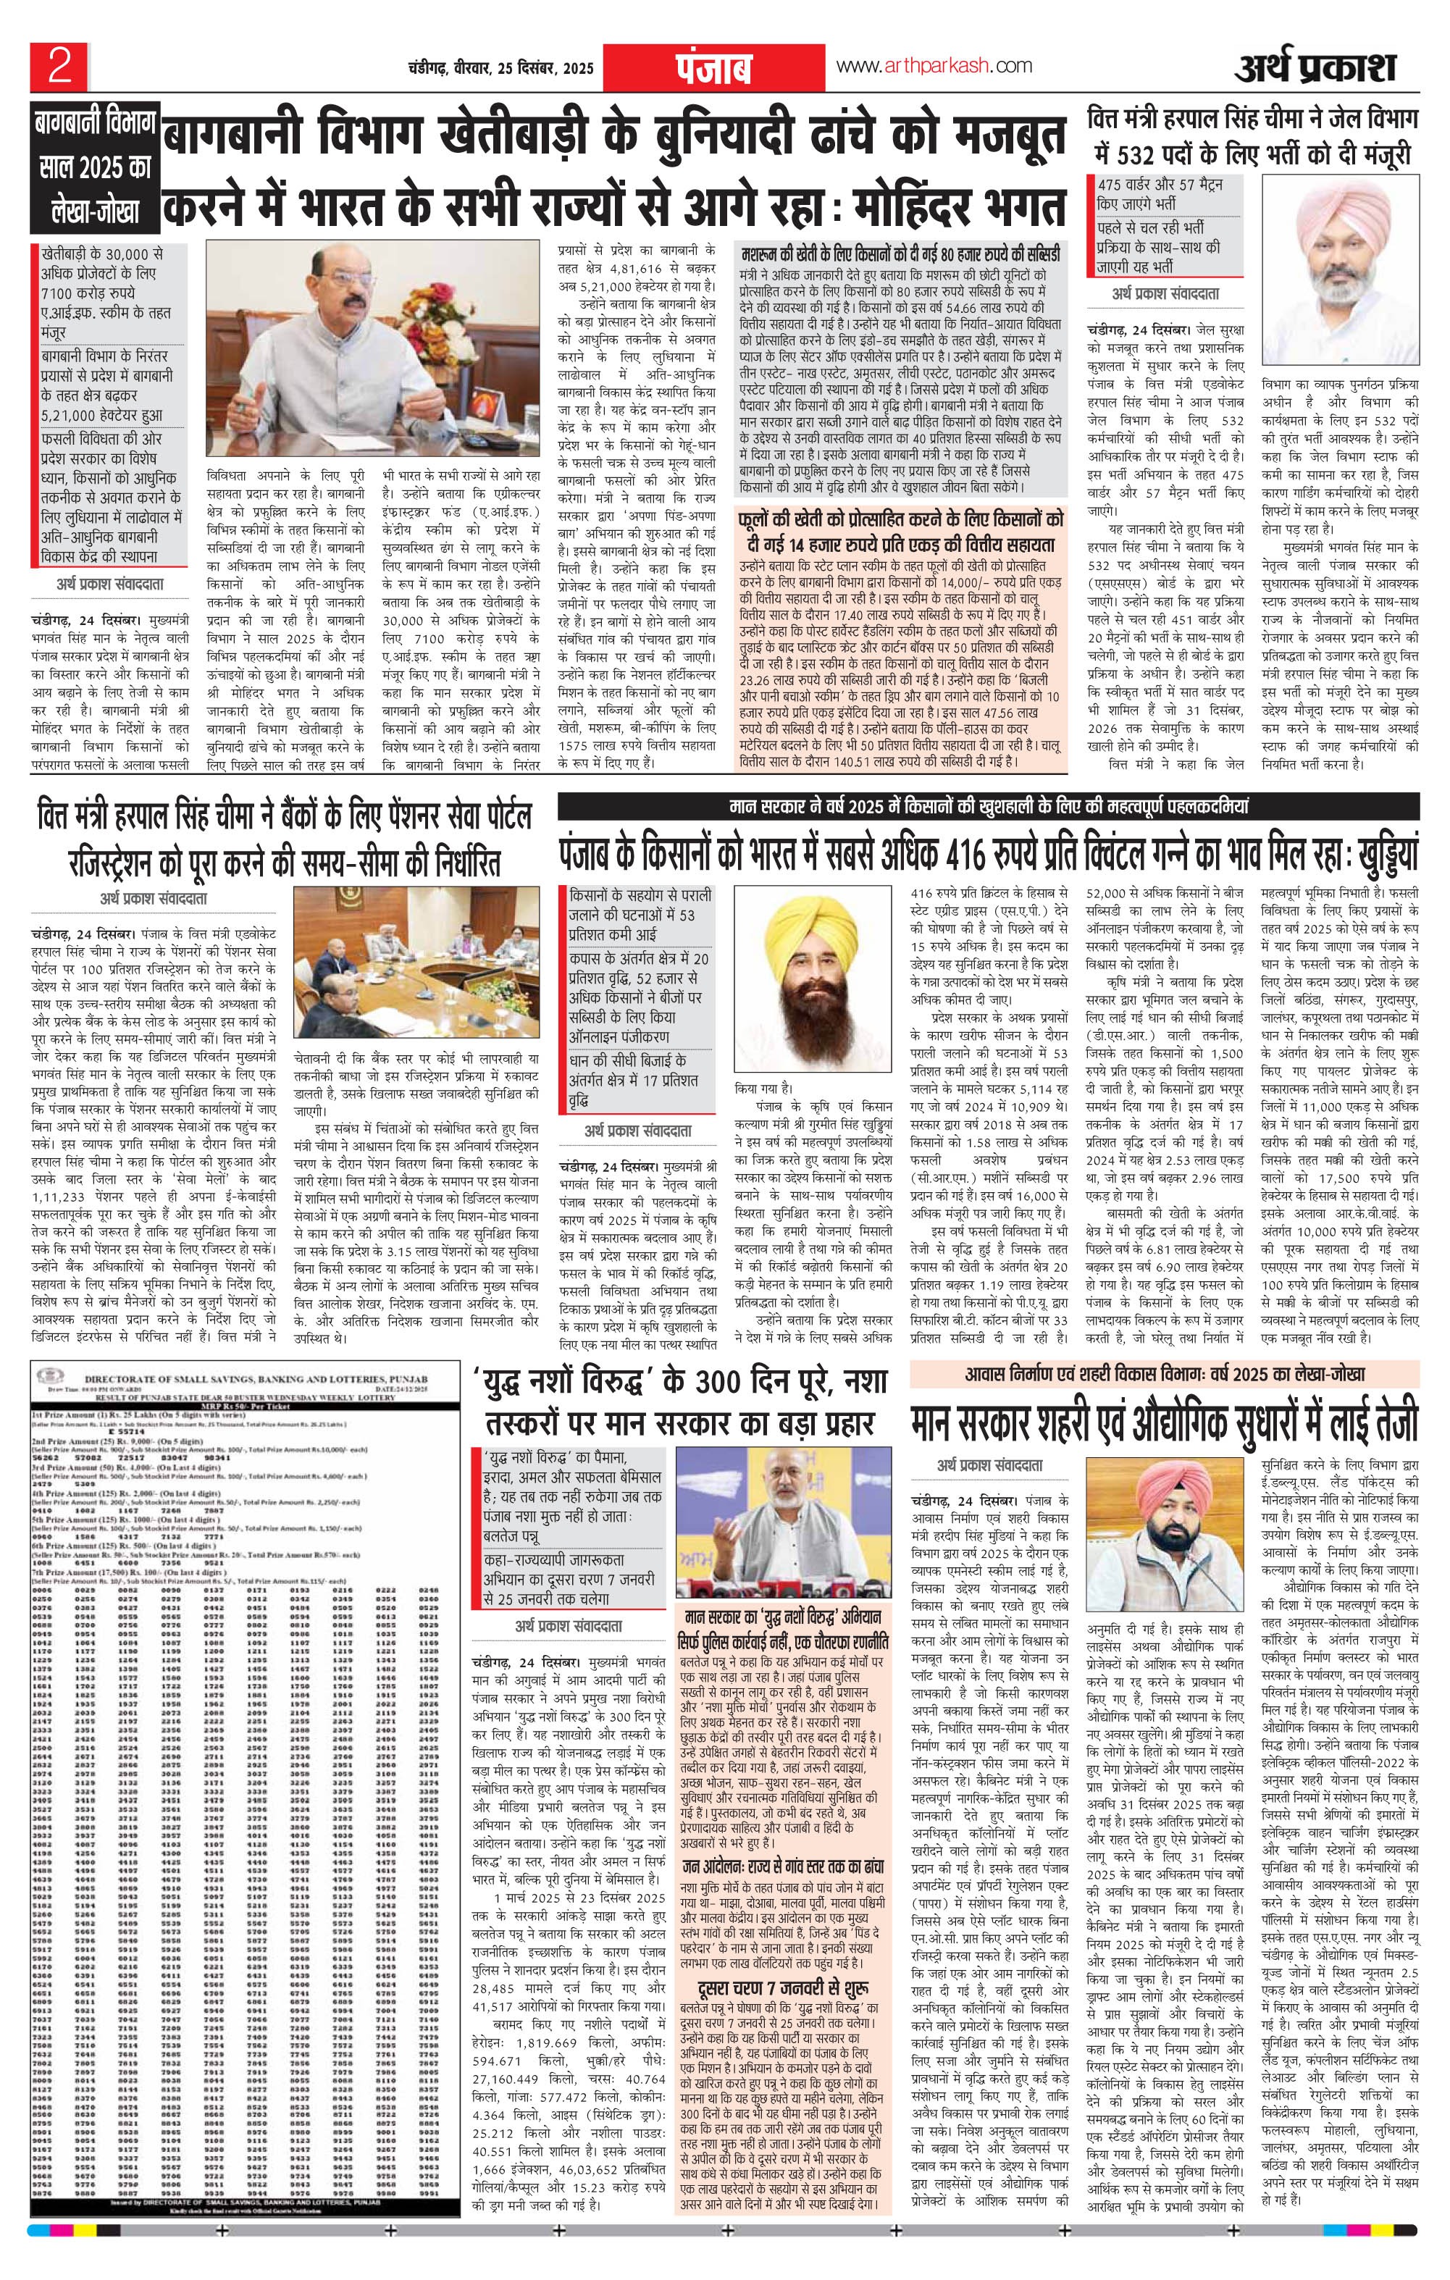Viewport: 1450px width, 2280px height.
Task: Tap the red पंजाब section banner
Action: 714,67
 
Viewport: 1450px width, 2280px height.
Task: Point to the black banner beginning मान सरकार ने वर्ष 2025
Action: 989,808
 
